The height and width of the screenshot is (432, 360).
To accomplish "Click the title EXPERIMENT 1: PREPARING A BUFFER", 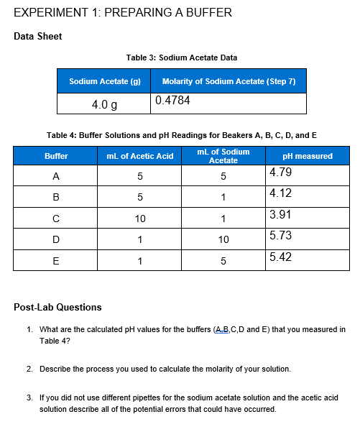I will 123,13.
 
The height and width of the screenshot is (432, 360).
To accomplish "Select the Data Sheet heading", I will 38,37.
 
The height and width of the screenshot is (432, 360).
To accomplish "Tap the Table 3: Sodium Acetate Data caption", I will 181,58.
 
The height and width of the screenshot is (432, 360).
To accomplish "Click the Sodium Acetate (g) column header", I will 104,81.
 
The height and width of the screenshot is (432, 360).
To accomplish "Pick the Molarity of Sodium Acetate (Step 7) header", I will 229,81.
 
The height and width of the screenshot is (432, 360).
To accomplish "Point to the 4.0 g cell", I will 104,104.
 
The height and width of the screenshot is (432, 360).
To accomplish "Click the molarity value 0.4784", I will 173,101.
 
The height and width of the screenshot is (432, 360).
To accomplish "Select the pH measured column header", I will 308,156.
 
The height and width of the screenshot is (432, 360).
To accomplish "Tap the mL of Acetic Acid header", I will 139,156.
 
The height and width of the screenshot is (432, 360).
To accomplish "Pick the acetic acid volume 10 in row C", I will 139,219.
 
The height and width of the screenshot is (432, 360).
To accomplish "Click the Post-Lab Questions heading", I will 57,307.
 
